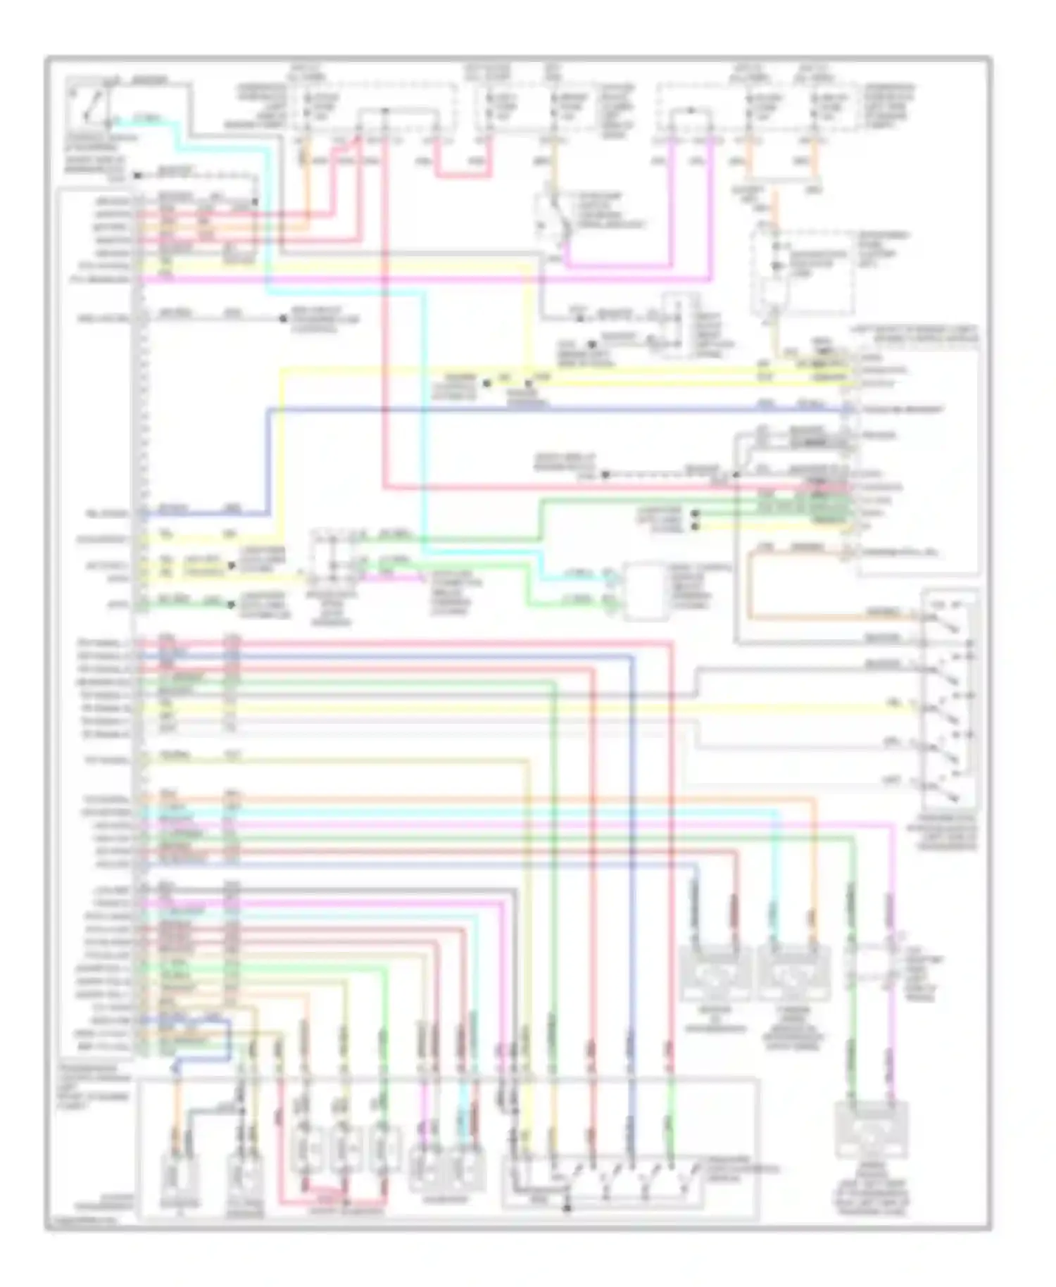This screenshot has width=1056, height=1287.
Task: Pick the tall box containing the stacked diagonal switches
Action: [x=949, y=701]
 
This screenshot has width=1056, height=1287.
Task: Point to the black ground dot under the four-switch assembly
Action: [x=567, y=1209]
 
